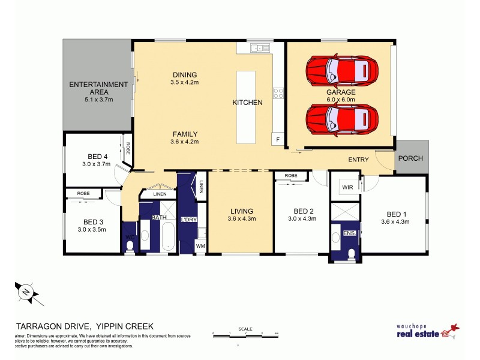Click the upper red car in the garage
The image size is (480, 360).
[x=342, y=71]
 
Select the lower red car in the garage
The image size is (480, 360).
[x=342, y=118]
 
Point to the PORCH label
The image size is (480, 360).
[x=411, y=158]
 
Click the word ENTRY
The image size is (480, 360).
[x=358, y=160]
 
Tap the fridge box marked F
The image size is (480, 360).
[x=277, y=139]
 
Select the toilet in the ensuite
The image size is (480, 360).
[x=351, y=253]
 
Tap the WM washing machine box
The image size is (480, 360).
[x=200, y=245]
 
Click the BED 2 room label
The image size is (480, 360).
[x=304, y=211]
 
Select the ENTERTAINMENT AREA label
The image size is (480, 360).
[x=98, y=88]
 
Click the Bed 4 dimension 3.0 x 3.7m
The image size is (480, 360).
[x=97, y=164]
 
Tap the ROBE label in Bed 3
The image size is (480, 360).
[x=83, y=194]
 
